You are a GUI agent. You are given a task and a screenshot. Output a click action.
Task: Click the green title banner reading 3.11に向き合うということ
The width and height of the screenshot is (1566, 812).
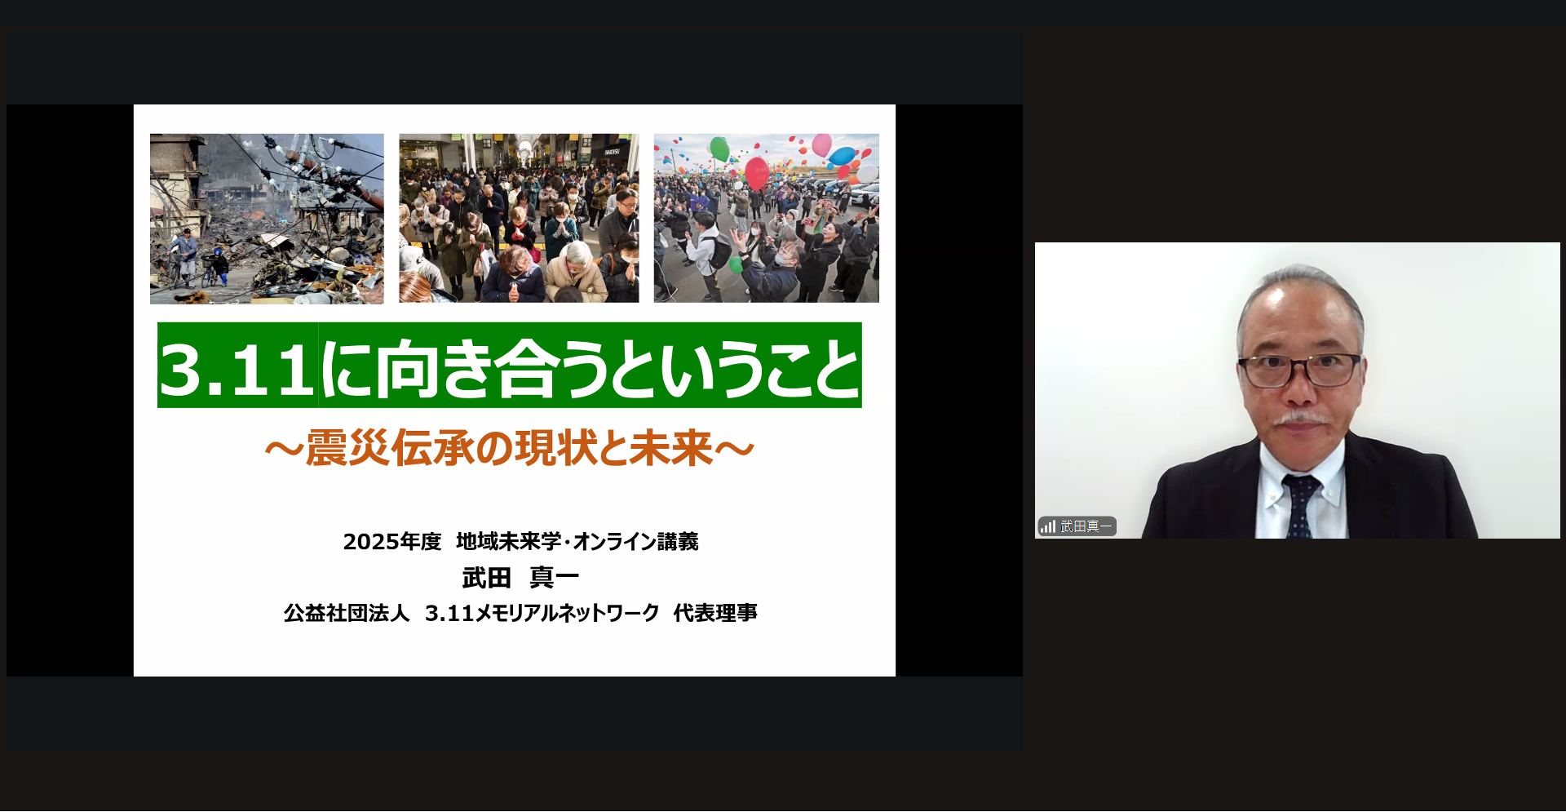click(510, 366)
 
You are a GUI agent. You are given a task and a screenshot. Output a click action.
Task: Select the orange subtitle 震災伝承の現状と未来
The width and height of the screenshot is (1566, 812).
click(510, 448)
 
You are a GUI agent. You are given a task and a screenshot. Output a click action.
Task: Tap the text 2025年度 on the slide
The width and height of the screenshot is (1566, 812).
click(392, 542)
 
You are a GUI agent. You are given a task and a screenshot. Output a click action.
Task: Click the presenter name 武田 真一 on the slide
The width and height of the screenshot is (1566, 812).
click(520, 578)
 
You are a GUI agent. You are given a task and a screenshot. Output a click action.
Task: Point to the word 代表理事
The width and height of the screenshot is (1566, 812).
click(715, 613)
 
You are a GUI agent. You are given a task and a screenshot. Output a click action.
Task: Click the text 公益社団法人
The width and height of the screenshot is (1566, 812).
click(347, 613)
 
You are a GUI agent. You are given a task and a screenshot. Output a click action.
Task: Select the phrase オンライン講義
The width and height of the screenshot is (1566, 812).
click(635, 542)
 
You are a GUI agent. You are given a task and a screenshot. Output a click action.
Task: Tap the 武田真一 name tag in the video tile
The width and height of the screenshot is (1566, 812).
click(1086, 526)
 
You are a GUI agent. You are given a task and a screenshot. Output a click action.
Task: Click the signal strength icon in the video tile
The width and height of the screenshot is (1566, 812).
click(1048, 526)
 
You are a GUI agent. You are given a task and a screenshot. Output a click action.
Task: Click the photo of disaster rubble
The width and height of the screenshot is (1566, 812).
click(267, 219)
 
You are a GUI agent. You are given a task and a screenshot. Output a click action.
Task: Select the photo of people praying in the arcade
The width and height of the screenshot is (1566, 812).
click(519, 219)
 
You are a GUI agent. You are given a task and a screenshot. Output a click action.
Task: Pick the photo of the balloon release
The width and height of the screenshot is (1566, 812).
click(767, 219)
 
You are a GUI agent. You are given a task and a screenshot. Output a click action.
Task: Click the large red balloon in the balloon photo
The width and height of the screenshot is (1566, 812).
click(757, 173)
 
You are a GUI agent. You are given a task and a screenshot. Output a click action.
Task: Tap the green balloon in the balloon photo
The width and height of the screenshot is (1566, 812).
click(720, 149)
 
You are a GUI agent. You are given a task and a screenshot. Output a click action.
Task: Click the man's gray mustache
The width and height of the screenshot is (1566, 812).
click(1300, 419)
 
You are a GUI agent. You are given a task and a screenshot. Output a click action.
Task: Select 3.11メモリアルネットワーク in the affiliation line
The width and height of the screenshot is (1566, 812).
click(542, 613)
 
